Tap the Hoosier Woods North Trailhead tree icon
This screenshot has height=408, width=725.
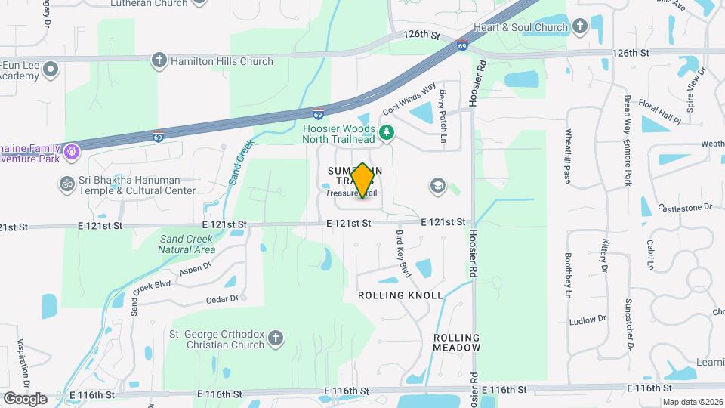[x=387, y=132]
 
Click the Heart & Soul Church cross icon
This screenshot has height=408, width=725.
[x=579, y=28]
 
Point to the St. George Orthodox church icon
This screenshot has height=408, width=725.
[x=276, y=338]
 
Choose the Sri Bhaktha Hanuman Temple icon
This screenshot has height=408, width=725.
[x=66, y=184]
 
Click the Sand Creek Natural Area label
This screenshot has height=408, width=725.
[x=187, y=244]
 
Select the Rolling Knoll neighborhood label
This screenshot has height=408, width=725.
[x=400, y=295]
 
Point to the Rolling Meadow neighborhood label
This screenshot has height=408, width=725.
[x=457, y=342]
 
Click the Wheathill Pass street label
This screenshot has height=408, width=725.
[x=568, y=156]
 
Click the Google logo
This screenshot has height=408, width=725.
[x=25, y=398]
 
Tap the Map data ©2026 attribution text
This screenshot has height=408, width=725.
[x=693, y=402]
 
